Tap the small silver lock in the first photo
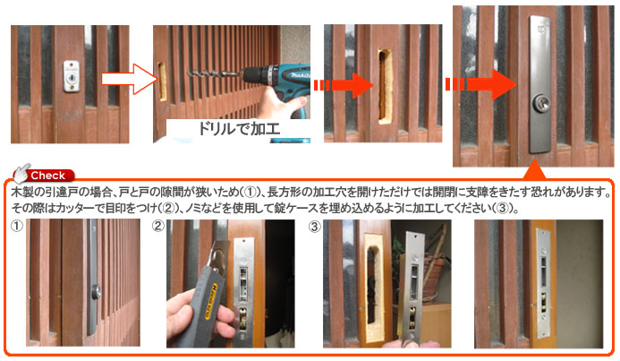coord(72,76)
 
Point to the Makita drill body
coord(276,83)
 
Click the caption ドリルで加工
coord(239,129)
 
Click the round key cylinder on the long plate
coord(540,103)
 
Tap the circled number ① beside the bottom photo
coord(17,226)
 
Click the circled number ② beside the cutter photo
coord(157,226)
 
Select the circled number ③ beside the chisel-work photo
coord(315,226)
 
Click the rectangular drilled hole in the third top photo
coord(384,85)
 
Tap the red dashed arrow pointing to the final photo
coord(480,85)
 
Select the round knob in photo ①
coord(96,293)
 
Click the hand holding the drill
coord(282,104)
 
